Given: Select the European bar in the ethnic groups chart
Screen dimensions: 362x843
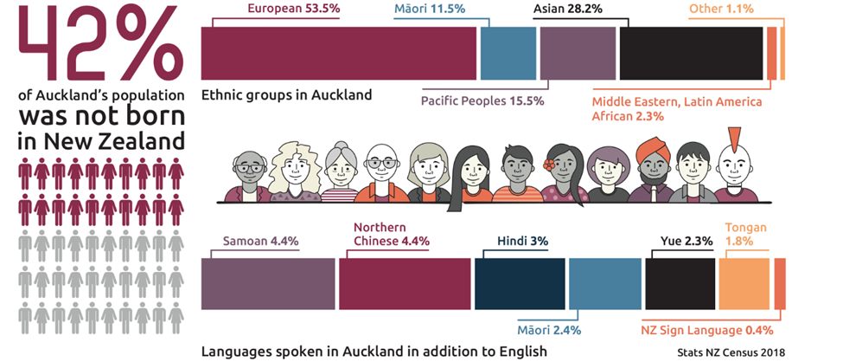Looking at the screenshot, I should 338,54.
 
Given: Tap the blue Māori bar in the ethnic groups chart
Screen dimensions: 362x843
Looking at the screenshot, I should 508,54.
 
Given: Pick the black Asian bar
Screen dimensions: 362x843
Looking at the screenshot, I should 692,54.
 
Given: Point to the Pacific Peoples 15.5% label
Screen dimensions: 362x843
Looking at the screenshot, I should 482,100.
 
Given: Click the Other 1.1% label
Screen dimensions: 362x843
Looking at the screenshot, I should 721,9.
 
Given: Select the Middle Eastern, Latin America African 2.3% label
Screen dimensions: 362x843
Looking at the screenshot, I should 677,108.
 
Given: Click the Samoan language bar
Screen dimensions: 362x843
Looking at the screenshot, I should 268,284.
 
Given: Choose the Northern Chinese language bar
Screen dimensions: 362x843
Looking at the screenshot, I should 403,284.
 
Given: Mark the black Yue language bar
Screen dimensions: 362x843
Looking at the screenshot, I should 680,284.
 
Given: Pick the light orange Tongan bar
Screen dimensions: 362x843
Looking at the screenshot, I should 744,284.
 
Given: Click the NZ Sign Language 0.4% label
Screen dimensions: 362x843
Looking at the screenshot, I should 707,330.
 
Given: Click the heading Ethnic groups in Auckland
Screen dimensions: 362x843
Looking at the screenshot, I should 286,94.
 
